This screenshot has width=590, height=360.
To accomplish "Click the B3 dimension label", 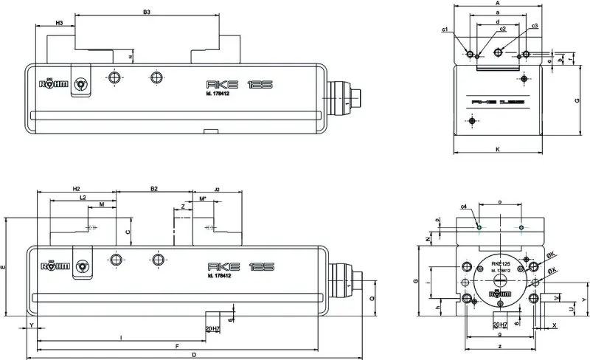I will (x=147, y=13).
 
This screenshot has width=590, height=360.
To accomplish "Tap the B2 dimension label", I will (x=153, y=189).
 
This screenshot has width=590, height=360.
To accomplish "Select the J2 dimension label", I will (x=217, y=190).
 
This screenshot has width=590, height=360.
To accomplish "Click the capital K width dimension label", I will (x=498, y=150).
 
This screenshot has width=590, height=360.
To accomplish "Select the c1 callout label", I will (x=445, y=30).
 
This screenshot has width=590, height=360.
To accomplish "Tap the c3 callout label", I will (x=535, y=26).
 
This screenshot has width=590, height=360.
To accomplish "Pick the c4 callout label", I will (x=463, y=207).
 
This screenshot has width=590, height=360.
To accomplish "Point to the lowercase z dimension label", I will (x=499, y=346).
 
